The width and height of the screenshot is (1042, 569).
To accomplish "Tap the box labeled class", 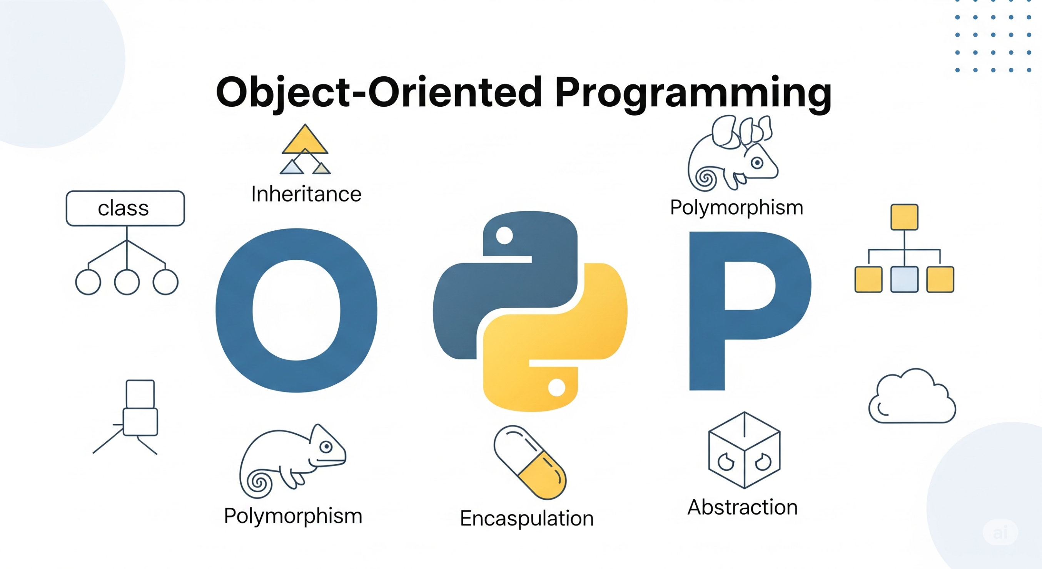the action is (x=125, y=208).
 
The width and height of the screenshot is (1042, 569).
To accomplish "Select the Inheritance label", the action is (x=306, y=194).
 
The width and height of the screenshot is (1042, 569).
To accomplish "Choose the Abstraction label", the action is (x=743, y=507).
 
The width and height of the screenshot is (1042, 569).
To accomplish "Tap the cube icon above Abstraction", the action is (x=744, y=450).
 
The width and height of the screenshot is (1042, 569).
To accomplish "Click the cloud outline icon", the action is (x=912, y=396).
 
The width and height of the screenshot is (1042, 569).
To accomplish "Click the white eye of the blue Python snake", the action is (x=504, y=236).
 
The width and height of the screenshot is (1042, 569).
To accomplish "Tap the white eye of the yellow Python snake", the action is (x=557, y=388).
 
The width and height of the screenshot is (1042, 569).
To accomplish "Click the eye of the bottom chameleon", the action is (x=326, y=447).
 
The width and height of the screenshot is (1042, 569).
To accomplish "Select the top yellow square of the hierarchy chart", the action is (x=905, y=217).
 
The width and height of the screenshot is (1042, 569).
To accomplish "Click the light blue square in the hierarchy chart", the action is (x=905, y=279).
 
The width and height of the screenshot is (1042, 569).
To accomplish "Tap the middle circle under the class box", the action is (x=127, y=282).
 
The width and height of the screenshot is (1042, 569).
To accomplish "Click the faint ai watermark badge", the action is (x=1000, y=532).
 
